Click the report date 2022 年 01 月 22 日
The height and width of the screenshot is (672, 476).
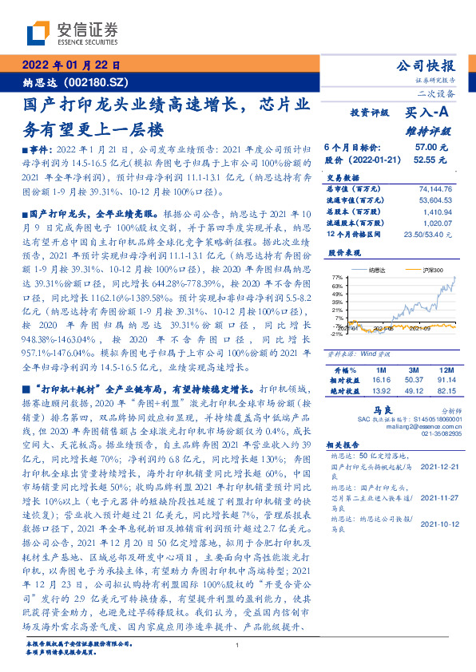[70, 66]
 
